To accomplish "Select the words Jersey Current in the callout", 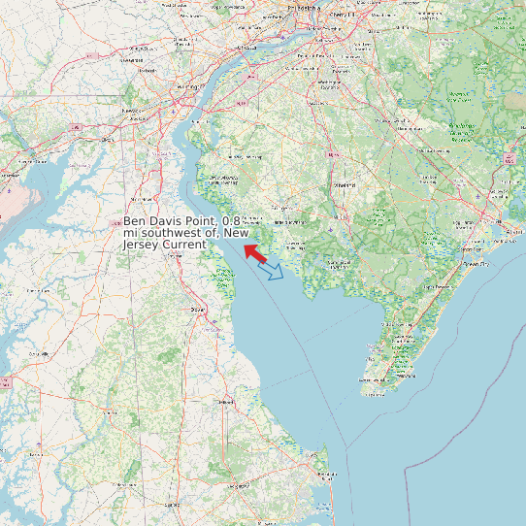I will [164, 245].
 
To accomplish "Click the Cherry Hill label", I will [346, 16].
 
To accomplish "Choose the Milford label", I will [225, 401].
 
